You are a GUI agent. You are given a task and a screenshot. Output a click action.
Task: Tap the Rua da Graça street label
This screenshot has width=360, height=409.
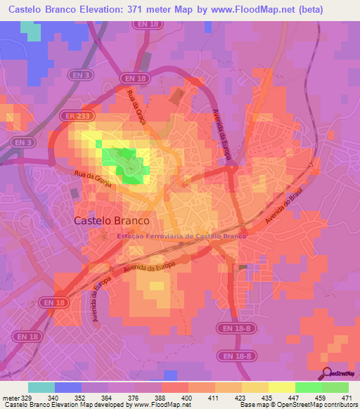pyautogui.click(x=136, y=108)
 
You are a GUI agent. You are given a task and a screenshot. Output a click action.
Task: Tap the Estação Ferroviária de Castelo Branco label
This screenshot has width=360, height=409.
pyautogui.click(x=183, y=237)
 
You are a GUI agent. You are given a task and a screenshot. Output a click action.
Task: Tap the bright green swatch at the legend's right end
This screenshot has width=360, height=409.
pyautogui.click(x=335, y=387)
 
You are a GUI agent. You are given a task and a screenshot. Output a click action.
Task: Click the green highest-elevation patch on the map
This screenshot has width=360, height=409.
pyautogui.click(x=124, y=166)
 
